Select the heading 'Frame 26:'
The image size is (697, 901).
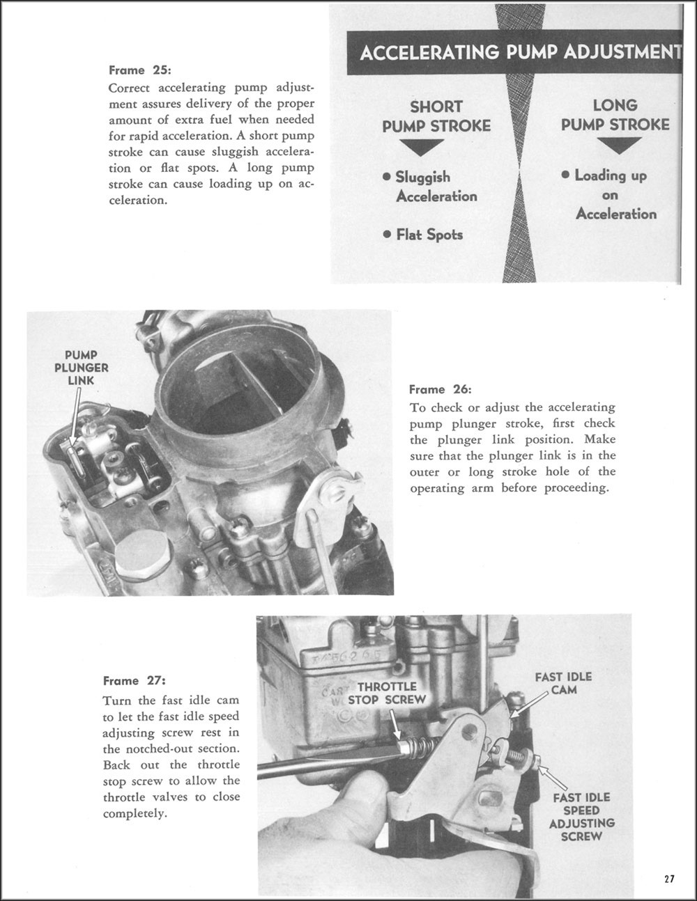click(x=440, y=389)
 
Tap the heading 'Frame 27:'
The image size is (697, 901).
click(x=135, y=681)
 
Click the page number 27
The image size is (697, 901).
click(x=669, y=879)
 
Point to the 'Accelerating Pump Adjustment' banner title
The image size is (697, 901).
click(x=519, y=52)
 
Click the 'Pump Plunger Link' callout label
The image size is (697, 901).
click(x=81, y=368)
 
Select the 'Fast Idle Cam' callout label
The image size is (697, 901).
click(x=564, y=683)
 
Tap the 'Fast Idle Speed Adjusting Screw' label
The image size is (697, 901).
click(x=581, y=816)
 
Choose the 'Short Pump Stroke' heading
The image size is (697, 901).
click(x=436, y=116)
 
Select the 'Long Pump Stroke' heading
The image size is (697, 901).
click(x=615, y=115)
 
